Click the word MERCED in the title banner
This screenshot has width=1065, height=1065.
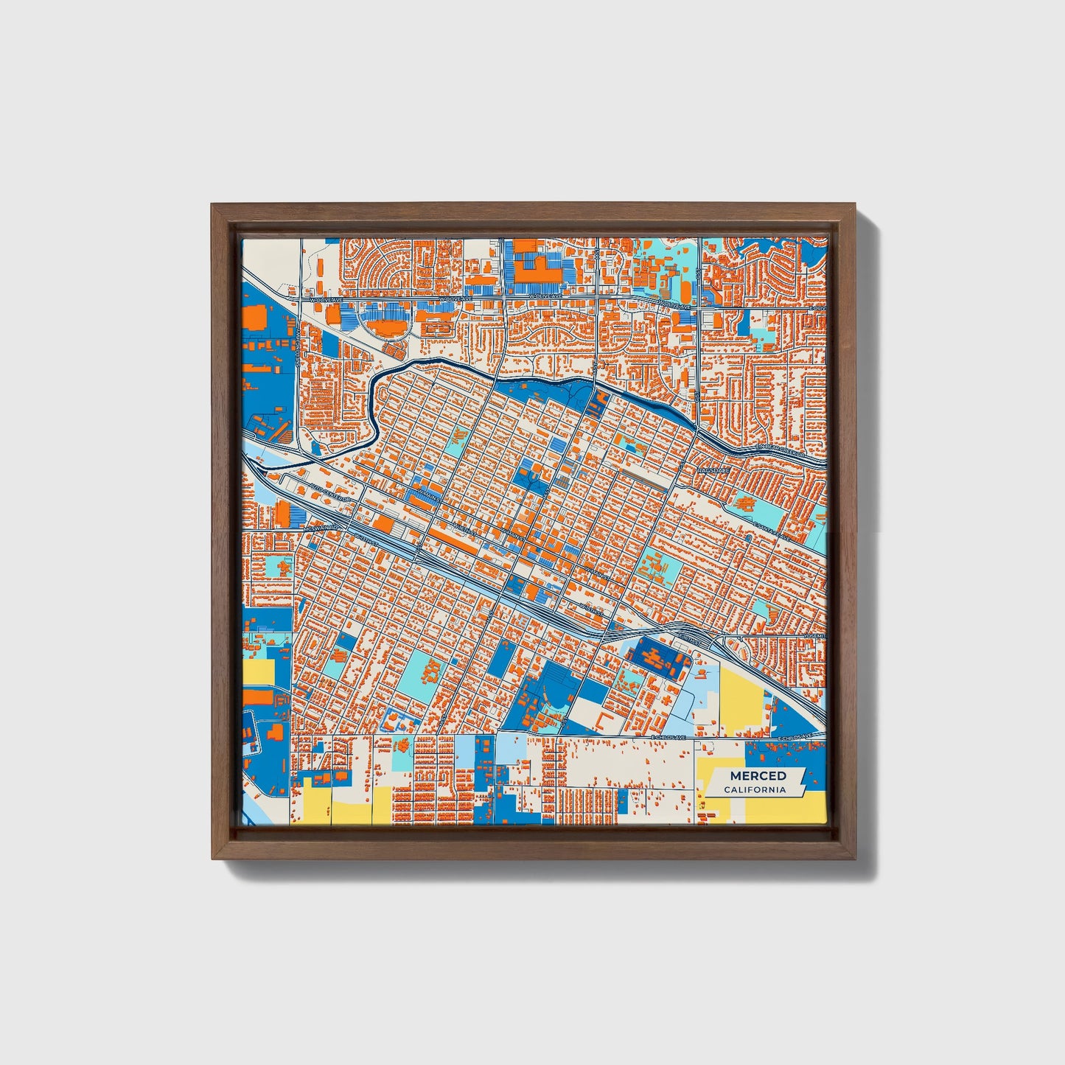[758, 776]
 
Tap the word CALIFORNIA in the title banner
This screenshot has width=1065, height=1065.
[754, 790]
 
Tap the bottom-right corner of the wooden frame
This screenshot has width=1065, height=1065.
[856, 859]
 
